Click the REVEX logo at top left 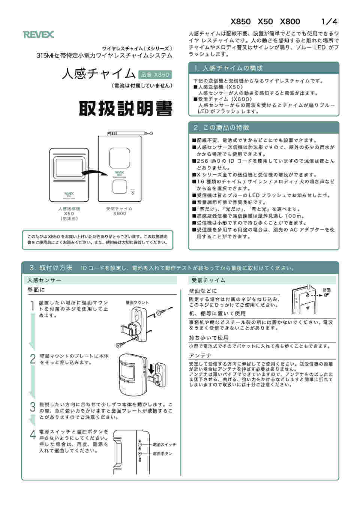(x=38, y=34)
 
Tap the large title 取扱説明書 (x=125, y=109)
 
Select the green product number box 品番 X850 (x=155, y=75)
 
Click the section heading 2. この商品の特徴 (x=221, y=128)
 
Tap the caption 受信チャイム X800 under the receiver (x=119, y=211)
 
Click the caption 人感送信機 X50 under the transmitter (x=69, y=211)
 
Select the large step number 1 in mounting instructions (x=32, y=306)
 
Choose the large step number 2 (x=33, y=359)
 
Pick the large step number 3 (x=33, y=407)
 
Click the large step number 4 (x=33, y=435)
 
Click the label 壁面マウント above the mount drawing (x=137, y=303)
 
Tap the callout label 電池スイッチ (x=164, y=445)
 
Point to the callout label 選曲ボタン (x=162, y=454)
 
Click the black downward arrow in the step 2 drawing (x=151, y=370)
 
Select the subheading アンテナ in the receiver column (x=200, y=355)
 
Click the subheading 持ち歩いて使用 (x=208, y=338)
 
